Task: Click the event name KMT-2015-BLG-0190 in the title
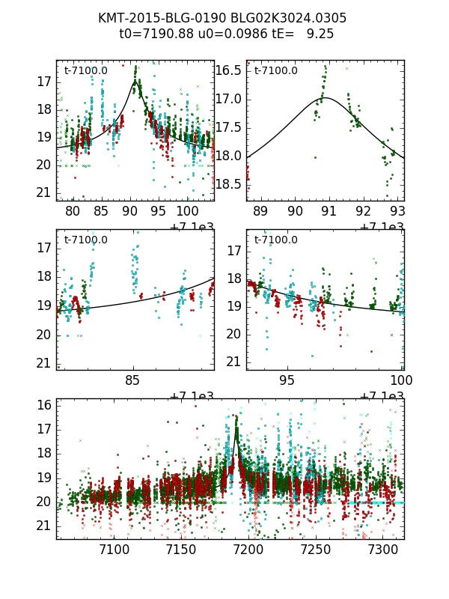point(159,18)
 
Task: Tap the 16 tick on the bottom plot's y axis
point(44,405)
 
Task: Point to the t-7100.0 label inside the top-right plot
point(275,71)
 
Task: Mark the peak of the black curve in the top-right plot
point(326,97)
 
